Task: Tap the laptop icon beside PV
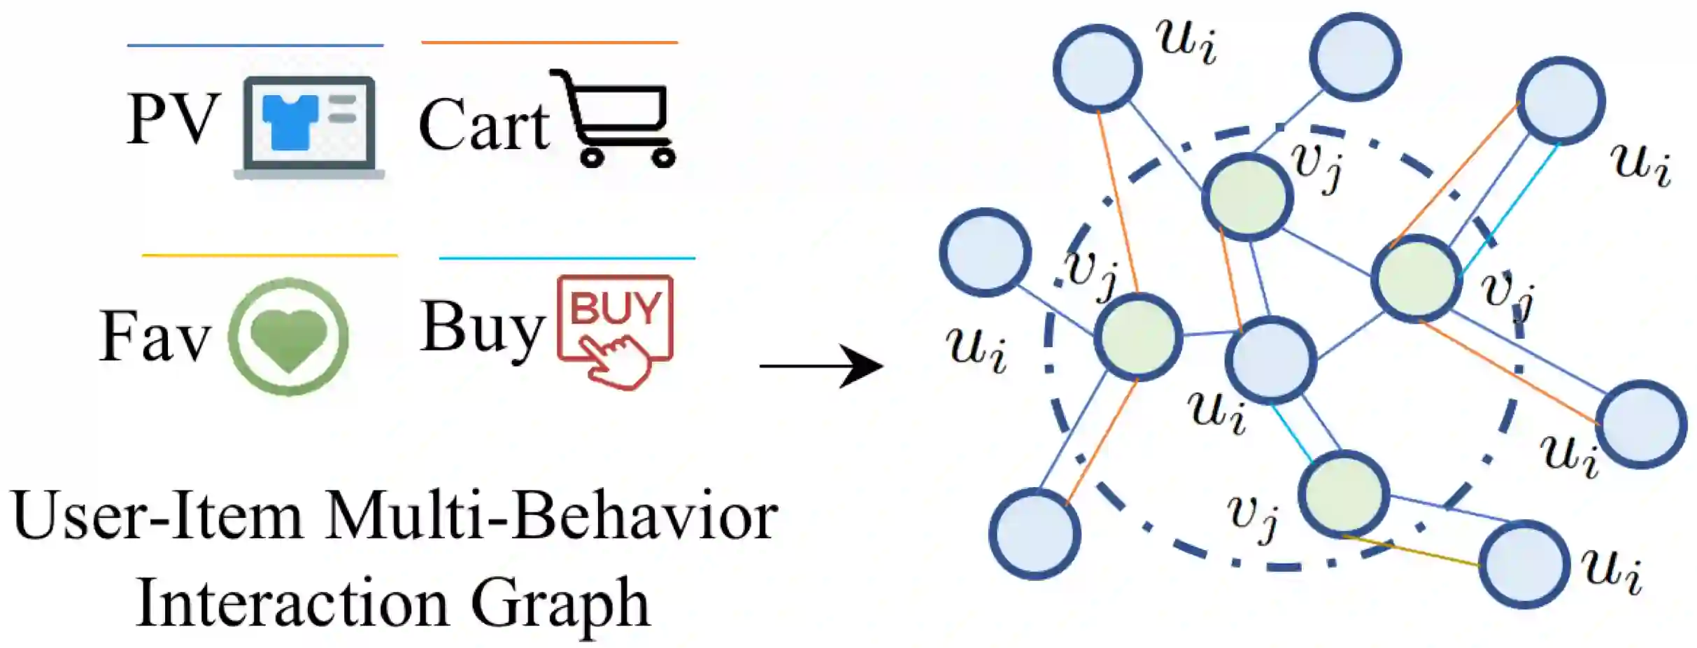tap(309, 127)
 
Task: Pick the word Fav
tap(155, 337)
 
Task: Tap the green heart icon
tap(289, 337)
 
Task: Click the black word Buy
tap(483, 327)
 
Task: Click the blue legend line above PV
tap(255, 45)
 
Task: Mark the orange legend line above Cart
tap(549, 43)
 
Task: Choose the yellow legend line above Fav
tap(269, 255)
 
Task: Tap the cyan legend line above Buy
tap(567, 258)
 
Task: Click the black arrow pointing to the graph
tap(821, 365)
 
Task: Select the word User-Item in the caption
tap(157, 516)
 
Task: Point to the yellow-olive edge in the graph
tap(1412, 551)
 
